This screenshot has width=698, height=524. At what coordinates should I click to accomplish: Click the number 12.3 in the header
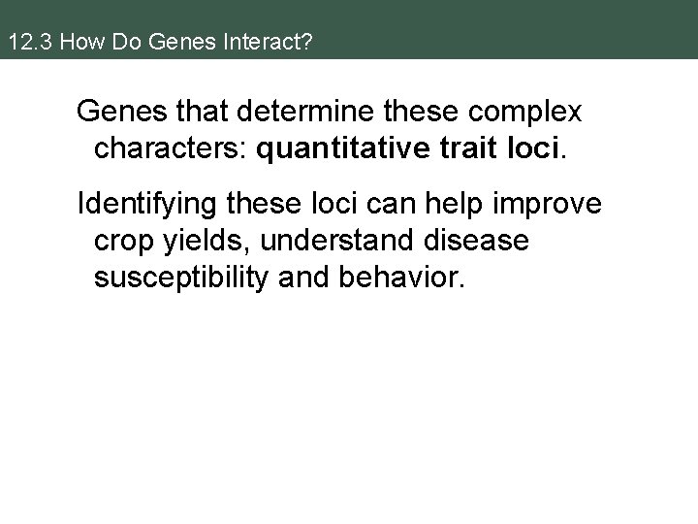[23, 44]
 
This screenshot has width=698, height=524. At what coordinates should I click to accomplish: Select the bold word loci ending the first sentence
[531, 147]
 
